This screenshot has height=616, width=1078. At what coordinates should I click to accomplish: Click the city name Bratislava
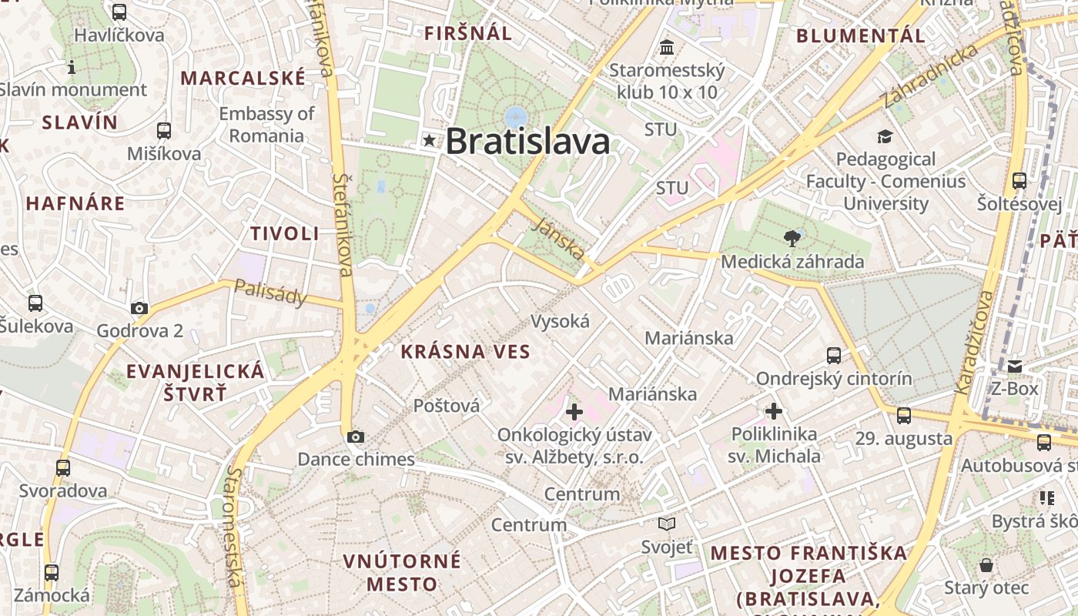527,142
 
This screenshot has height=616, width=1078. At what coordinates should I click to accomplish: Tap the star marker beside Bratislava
429,140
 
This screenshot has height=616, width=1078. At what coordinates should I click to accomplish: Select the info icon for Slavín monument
72,67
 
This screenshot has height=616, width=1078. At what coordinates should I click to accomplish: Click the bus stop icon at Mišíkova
164,130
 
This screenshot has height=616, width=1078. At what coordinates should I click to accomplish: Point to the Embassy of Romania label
266,125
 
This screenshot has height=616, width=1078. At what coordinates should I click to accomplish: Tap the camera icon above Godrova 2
139,308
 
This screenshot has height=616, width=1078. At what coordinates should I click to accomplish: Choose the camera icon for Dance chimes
355,437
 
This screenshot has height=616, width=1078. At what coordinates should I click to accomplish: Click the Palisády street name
270,293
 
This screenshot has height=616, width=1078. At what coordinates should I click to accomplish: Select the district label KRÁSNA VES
465,352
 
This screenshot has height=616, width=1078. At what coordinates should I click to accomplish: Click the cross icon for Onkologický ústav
574,412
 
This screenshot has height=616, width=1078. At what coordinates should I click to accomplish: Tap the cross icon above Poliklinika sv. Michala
774,410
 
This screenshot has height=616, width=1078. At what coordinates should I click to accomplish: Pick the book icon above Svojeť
667,524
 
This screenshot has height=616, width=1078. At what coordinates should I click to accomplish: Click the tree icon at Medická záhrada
791,237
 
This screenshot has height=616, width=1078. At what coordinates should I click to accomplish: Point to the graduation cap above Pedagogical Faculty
885,136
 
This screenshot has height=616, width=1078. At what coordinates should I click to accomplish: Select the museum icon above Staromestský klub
667,48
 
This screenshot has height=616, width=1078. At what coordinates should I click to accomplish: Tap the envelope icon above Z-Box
1015,366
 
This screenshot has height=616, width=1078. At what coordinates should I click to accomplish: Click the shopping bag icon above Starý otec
986,566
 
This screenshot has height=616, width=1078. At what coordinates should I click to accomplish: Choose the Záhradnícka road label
930,75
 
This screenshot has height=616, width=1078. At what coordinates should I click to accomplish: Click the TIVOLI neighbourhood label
284,233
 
